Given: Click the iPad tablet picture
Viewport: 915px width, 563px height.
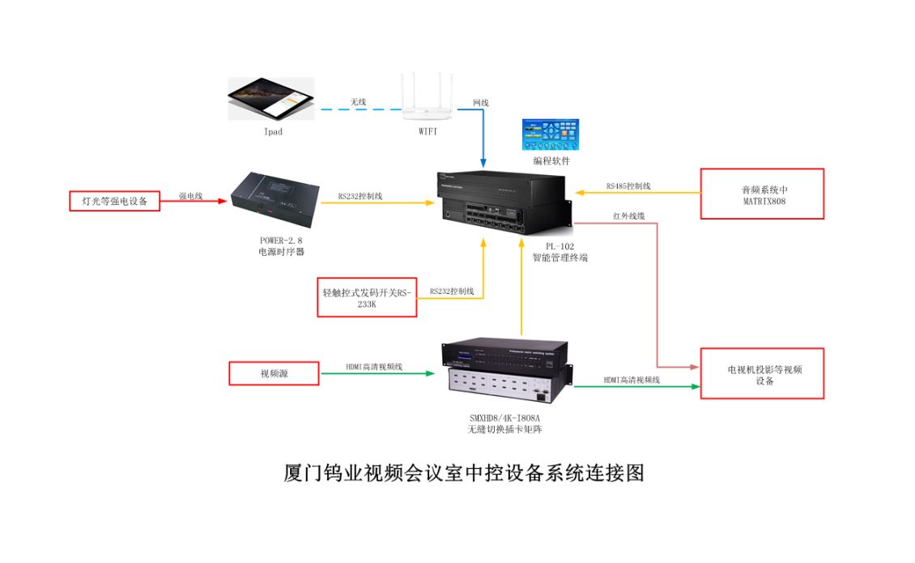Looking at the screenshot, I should pyautogui.click(x=270, y=99).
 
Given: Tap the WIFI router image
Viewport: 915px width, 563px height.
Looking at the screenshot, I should pyautogui.click(x=428, y=98).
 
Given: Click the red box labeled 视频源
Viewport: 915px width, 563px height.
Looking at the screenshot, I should pyautogui.click(x=274, y=373).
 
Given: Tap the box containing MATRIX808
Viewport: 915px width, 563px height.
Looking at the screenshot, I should pyautogui.click(x=761, y=194).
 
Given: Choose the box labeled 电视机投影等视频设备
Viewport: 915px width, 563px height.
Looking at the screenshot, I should pyautogui.click(x=761, y=373).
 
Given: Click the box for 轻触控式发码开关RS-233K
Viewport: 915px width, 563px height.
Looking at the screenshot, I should pyautogui.click(x=367, y=296).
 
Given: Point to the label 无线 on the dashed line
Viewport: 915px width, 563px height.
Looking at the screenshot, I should pyautogui.click(x=358, y=102).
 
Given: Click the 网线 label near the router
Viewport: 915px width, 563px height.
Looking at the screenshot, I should pyautogui.click(x=481, y=103).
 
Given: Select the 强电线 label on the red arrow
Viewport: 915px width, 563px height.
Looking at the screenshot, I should pyautogui.click(x=190, y=196).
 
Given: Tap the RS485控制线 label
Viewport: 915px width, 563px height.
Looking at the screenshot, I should pyautogui.click(x=628, y=186).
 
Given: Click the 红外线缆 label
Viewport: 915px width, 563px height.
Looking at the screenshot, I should pyautogui.click(x=629, y=215).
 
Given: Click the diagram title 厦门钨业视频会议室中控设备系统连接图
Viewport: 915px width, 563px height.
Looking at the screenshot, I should pyautogui.click(x=464, y=473).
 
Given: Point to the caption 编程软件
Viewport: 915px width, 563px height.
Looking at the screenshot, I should pyautogui.click(x=551, y=161).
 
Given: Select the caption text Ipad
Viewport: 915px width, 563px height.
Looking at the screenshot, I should pyautogui.click(x=273, y=132).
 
